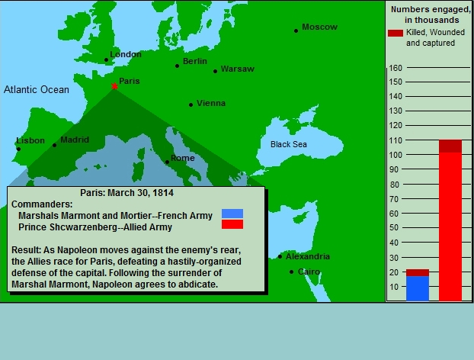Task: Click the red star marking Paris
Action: (x=114, y=86)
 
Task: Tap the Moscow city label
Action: (x=319, y=27)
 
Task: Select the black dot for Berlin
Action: (x=177, y=66)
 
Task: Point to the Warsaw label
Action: (x=237, y=69)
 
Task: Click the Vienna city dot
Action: (x=191, y=105)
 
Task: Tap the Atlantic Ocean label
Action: (x=37, y=89)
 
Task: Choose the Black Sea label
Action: (x=288, y=144)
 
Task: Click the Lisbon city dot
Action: (x=19, y=149)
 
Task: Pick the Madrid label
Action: (x=75, y=140)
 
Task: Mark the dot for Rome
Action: (x=167, y=162)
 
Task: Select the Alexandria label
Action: (x=308, y=256)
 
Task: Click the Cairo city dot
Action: (x=291, y=272)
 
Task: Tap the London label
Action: (x=126, y=54)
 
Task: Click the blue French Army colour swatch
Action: (x=232, y=214)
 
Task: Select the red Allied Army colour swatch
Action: (x=232, y=224)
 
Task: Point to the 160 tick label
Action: (x=396, y=68)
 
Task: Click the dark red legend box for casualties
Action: (x=396, y=33)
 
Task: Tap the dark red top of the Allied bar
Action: (x=450, y=146)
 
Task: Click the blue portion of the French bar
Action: (x=418, y=288)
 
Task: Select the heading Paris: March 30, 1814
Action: (x=127, y=193)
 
